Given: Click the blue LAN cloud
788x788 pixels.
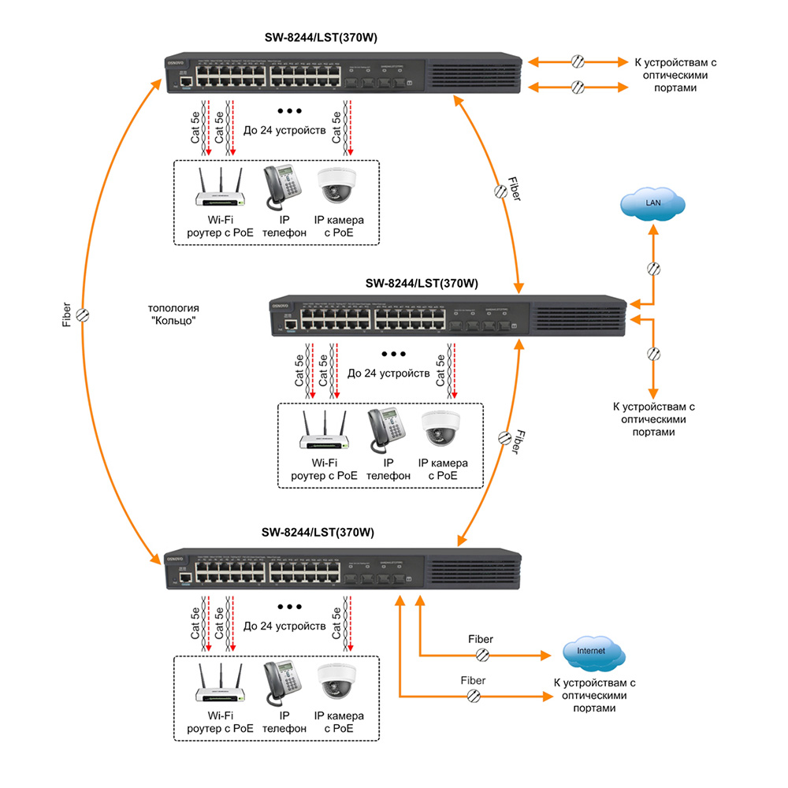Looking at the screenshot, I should point(653,205).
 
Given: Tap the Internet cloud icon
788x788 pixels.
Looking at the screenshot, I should point(593,653).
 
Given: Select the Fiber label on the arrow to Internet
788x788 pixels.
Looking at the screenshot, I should point(481,639).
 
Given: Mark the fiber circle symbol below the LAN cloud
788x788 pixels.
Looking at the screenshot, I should point(653,268).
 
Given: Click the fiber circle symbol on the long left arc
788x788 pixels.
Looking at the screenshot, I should point(83,314).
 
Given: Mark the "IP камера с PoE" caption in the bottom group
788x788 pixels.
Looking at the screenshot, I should point(339,723).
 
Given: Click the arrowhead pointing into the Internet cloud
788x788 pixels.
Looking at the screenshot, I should point(546,655).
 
